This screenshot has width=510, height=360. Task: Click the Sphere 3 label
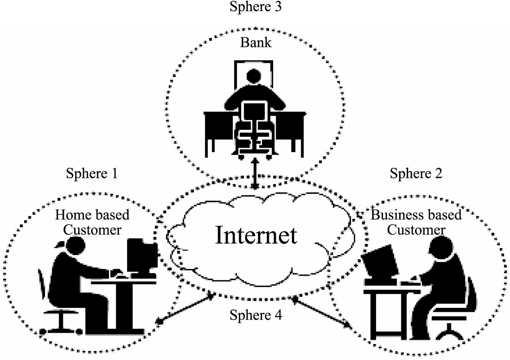click(255, 6)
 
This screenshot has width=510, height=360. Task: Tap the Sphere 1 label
click(92, 173)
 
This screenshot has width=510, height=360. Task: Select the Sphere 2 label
click(416, 173)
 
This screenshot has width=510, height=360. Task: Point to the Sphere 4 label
click(256, 315)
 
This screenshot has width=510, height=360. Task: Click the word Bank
click(256, 43)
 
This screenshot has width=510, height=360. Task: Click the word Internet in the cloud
click(256, 235)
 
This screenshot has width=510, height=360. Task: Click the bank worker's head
click(254, 76)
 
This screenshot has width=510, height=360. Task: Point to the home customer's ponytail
click(60, 245)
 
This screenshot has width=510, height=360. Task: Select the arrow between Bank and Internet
click(255, 173)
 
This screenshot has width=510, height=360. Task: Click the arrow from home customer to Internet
click(186, 308)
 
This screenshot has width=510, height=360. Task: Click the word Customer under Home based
click(92, 230)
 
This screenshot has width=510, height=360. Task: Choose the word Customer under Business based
click(416, 230)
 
